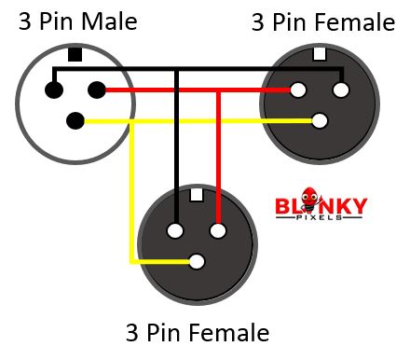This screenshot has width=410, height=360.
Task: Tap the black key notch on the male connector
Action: tap(75, 55)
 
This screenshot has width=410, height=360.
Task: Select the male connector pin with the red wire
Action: tap(96, 90)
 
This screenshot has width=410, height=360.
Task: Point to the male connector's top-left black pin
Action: tap(54, 90)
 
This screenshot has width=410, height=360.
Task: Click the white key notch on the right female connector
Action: tap(320, 54)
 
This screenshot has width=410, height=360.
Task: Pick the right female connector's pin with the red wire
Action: tap(298, 90)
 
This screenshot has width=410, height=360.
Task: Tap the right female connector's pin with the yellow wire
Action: tap(321, 120)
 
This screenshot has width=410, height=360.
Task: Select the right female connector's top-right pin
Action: tap(341, 90)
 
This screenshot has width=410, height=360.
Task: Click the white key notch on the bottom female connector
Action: tap(197, 196)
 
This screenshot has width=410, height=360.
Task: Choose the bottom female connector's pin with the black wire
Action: tap(175, 230)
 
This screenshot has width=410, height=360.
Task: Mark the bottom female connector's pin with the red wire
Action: tap(218, 230)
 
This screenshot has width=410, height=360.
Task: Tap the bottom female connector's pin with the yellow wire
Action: tap(197, 261)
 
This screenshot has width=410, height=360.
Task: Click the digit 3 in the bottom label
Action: tap(131, 332)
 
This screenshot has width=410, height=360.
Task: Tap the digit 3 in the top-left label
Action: tap(25, 21)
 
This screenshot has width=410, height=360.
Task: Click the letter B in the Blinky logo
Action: tap(282, 204)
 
